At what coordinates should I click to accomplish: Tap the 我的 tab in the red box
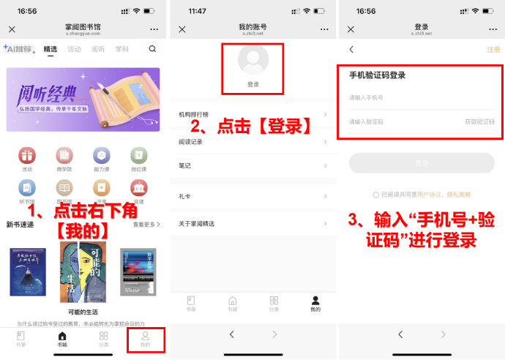pos(145,338)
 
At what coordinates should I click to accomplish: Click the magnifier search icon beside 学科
pos(152,49)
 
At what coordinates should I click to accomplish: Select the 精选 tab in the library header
pos(50,49)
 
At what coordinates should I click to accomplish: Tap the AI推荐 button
pos(18,49)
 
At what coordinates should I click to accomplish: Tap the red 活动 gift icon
pos(27,155)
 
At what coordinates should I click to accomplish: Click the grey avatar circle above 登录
pos(253,61)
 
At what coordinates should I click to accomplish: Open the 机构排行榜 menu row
pos(253,114)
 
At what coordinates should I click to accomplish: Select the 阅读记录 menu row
pos(253,141)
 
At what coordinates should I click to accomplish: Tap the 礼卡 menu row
pos(253,196)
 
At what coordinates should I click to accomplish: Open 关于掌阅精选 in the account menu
pos(253,223)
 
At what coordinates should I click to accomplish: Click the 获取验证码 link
pos(479,121)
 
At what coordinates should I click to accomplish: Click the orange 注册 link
pos(493,50)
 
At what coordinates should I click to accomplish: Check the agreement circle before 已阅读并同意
pos(375,195)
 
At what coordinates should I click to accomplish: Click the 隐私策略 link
pos(455,195)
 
